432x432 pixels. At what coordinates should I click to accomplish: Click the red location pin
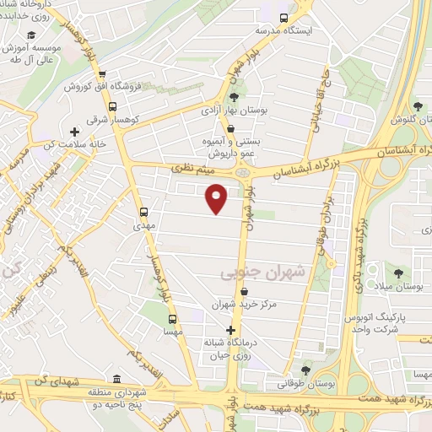217,197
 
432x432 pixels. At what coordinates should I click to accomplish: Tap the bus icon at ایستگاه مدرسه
284,16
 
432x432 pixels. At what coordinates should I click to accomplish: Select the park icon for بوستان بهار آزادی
234,95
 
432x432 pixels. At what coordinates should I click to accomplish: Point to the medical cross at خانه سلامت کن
75,132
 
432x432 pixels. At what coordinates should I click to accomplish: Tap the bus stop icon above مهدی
143,212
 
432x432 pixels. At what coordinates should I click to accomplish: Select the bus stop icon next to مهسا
172,319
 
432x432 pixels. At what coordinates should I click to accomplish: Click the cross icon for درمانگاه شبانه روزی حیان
230,330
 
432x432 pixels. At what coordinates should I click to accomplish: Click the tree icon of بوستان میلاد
397,273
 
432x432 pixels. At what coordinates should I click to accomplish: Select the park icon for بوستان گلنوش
418,105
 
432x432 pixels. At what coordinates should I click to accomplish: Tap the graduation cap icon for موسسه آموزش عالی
31,35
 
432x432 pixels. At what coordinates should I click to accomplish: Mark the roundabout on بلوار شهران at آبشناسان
244,173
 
